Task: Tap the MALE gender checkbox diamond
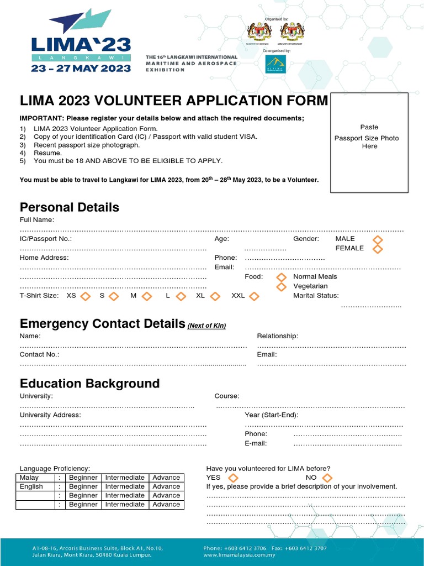(x=378, y=239)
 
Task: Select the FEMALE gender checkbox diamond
(x=378, y=249)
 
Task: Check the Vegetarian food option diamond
(x=282, y=286)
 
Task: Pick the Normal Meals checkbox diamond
(x=282, y=276)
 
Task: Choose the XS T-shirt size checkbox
(x=86, y=296)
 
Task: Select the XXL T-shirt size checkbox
(x=254, y=296)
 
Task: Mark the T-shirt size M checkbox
(x=147, y=296)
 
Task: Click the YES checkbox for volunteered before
(x=233, y=478)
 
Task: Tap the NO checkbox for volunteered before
(x=327, y=478)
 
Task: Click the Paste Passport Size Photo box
(x=369, y=143)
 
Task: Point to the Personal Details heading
(x=70, y=207)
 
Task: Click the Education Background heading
(x=89, y=384)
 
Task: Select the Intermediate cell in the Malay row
(x=125, y=478)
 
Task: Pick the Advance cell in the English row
(x=166, y=486)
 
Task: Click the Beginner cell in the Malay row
(x=83, y=478)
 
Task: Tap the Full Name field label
(x=37, y=220)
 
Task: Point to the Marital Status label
(x=316, y=296)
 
